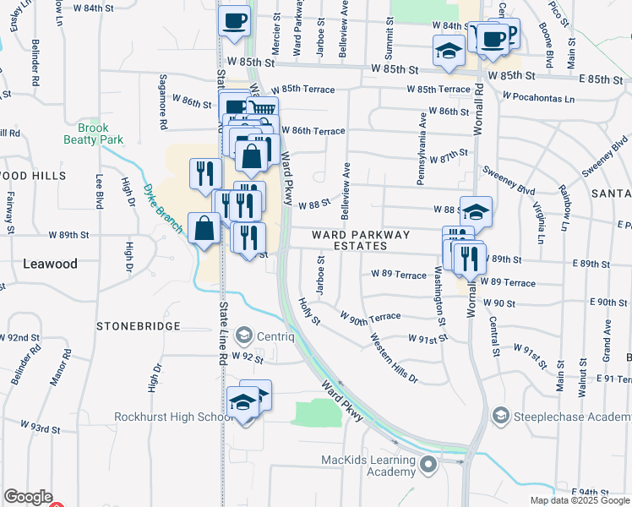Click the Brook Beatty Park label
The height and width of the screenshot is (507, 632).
(95, 134)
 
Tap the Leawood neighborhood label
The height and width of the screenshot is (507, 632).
(50, 264)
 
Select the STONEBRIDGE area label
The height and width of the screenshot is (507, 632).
(138, 325)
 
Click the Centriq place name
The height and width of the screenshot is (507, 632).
(276, 335)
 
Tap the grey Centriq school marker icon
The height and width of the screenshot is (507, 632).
(244, 335)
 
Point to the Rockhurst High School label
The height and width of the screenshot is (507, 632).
(173, 417)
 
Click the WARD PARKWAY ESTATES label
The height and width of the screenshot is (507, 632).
(361, 240)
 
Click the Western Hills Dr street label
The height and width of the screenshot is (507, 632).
(393, 357)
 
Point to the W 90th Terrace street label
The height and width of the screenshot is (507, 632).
(370, 316)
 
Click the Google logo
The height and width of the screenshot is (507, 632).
(28, 497)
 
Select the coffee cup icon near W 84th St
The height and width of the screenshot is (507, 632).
(234, 20)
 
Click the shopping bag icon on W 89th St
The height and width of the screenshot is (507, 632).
(205, 228)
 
